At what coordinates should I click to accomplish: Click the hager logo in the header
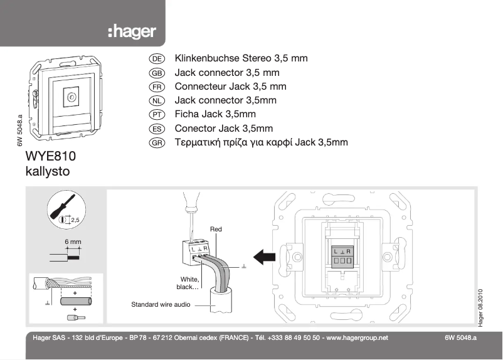(132, 31)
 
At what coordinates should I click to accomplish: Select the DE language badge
(157, 58)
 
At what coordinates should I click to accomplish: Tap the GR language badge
(157, 143)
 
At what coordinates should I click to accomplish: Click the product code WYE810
(54, 156)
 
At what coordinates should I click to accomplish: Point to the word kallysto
(47, 171)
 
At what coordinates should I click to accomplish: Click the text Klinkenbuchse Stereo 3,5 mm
(241, 58)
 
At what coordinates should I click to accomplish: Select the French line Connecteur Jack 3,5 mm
(230, 87)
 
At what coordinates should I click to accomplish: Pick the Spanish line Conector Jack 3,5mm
(224, 129)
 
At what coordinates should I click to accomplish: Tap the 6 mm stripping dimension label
(73, 241)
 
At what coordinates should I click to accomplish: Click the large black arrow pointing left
(263, 255)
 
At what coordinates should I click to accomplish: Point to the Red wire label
(216, 230)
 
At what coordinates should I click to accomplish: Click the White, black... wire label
(188, 283)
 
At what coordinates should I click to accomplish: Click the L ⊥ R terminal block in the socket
(342, 255)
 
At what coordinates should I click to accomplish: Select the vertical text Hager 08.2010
(480, 307)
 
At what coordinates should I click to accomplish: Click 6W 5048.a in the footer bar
(460, 337)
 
